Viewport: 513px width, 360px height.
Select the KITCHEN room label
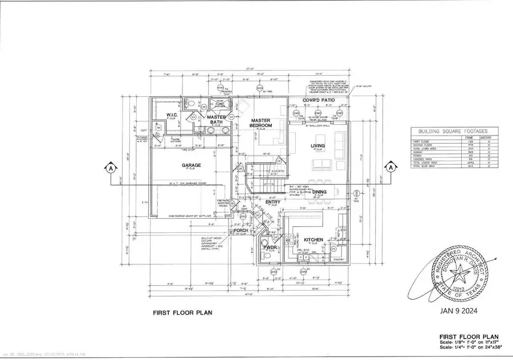(313, 240)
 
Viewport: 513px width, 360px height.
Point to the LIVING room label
(318, 146)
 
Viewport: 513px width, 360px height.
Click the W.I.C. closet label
(173, 116)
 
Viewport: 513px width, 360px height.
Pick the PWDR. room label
(268, 247)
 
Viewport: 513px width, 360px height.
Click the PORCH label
(240, 231)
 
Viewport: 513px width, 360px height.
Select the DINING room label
(319, 192)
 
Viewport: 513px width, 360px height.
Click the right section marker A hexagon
(391, 167)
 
